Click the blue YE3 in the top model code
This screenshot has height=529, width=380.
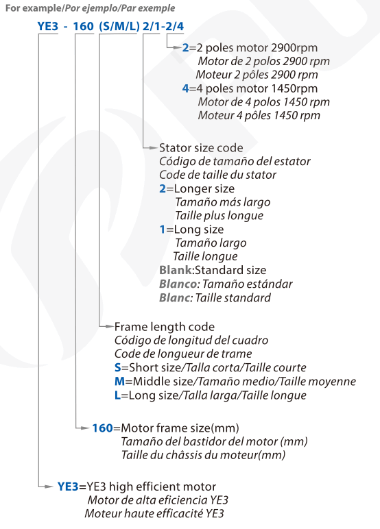tap(48, 26)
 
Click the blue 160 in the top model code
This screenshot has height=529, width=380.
tap(83, 26)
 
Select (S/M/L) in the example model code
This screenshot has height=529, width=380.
tap(119, 26)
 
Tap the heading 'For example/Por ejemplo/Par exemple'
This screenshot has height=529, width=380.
tap(90, 8)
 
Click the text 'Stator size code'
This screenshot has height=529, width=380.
tap(201, 148)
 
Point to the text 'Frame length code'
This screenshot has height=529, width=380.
tap(165, 327)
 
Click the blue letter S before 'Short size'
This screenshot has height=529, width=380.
tap(117, 367)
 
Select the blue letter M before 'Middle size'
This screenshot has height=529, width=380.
tap(119, 381)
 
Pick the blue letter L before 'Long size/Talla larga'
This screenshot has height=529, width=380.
tap(117, 395)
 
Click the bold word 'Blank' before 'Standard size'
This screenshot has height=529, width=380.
tap(176, 270)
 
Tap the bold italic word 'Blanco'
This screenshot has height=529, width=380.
tap(178, 284)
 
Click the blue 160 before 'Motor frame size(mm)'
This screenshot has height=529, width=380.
tap(103, 428)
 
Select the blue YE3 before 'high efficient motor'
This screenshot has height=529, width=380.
tap(68, 487)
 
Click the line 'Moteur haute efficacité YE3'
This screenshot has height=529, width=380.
tap(154, 513)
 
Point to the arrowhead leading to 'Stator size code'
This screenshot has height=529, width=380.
tap(154, 148)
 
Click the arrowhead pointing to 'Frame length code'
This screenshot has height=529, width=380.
tap(109, 326)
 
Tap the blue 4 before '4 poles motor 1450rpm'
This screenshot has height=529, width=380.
tap(185, 88)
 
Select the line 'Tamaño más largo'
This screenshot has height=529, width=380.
tap(223, 202)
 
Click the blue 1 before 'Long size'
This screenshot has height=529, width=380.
tap(163, 230)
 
